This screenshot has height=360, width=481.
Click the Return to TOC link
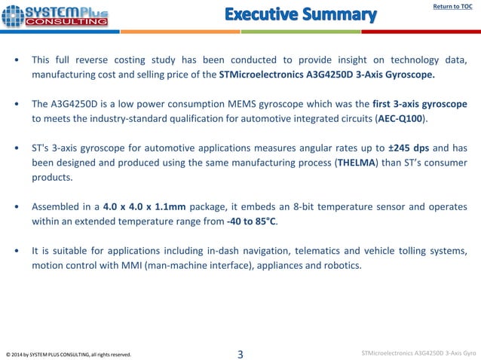[452, 8]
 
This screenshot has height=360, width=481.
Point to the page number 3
[240, 353]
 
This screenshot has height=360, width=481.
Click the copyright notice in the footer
[69, 354]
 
